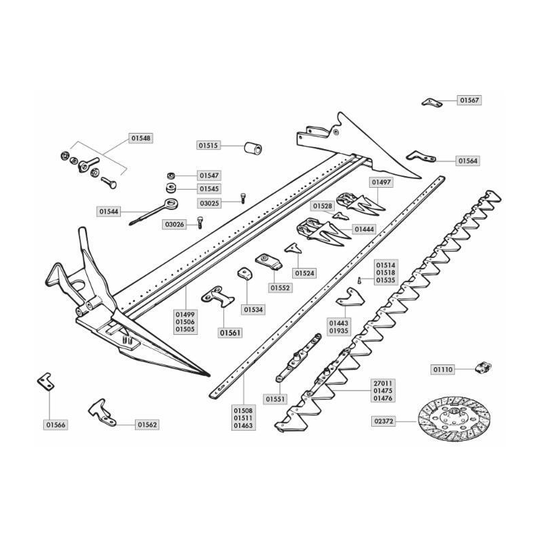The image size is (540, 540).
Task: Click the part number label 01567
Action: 470,100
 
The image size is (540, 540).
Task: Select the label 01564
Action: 468,161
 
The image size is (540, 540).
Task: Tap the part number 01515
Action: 209,145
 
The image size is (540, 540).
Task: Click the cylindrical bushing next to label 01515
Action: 253,148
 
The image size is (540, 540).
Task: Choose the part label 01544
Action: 109,211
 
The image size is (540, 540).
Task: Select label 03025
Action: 209,202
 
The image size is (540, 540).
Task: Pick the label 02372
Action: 382,422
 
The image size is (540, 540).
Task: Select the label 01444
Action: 363,230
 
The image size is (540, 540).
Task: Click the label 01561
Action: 230,332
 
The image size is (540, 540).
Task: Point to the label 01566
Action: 55,425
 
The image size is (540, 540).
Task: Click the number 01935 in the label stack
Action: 339,331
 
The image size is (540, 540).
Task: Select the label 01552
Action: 281,288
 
